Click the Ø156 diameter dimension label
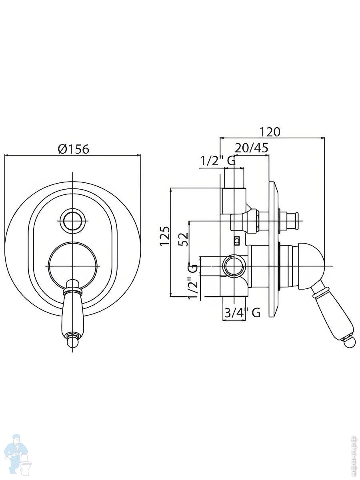(x=73, y=149)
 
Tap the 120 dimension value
(x=270, y=132)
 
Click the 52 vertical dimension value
(x=183, y=240)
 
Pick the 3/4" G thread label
(x=242, y=312)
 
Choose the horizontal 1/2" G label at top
(x=218, y=161)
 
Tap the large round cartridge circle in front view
(x=72, y=266)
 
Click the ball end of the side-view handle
(x=350, y=342)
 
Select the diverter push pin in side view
(x=290, y=221)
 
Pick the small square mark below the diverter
(x=237, y=241)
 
